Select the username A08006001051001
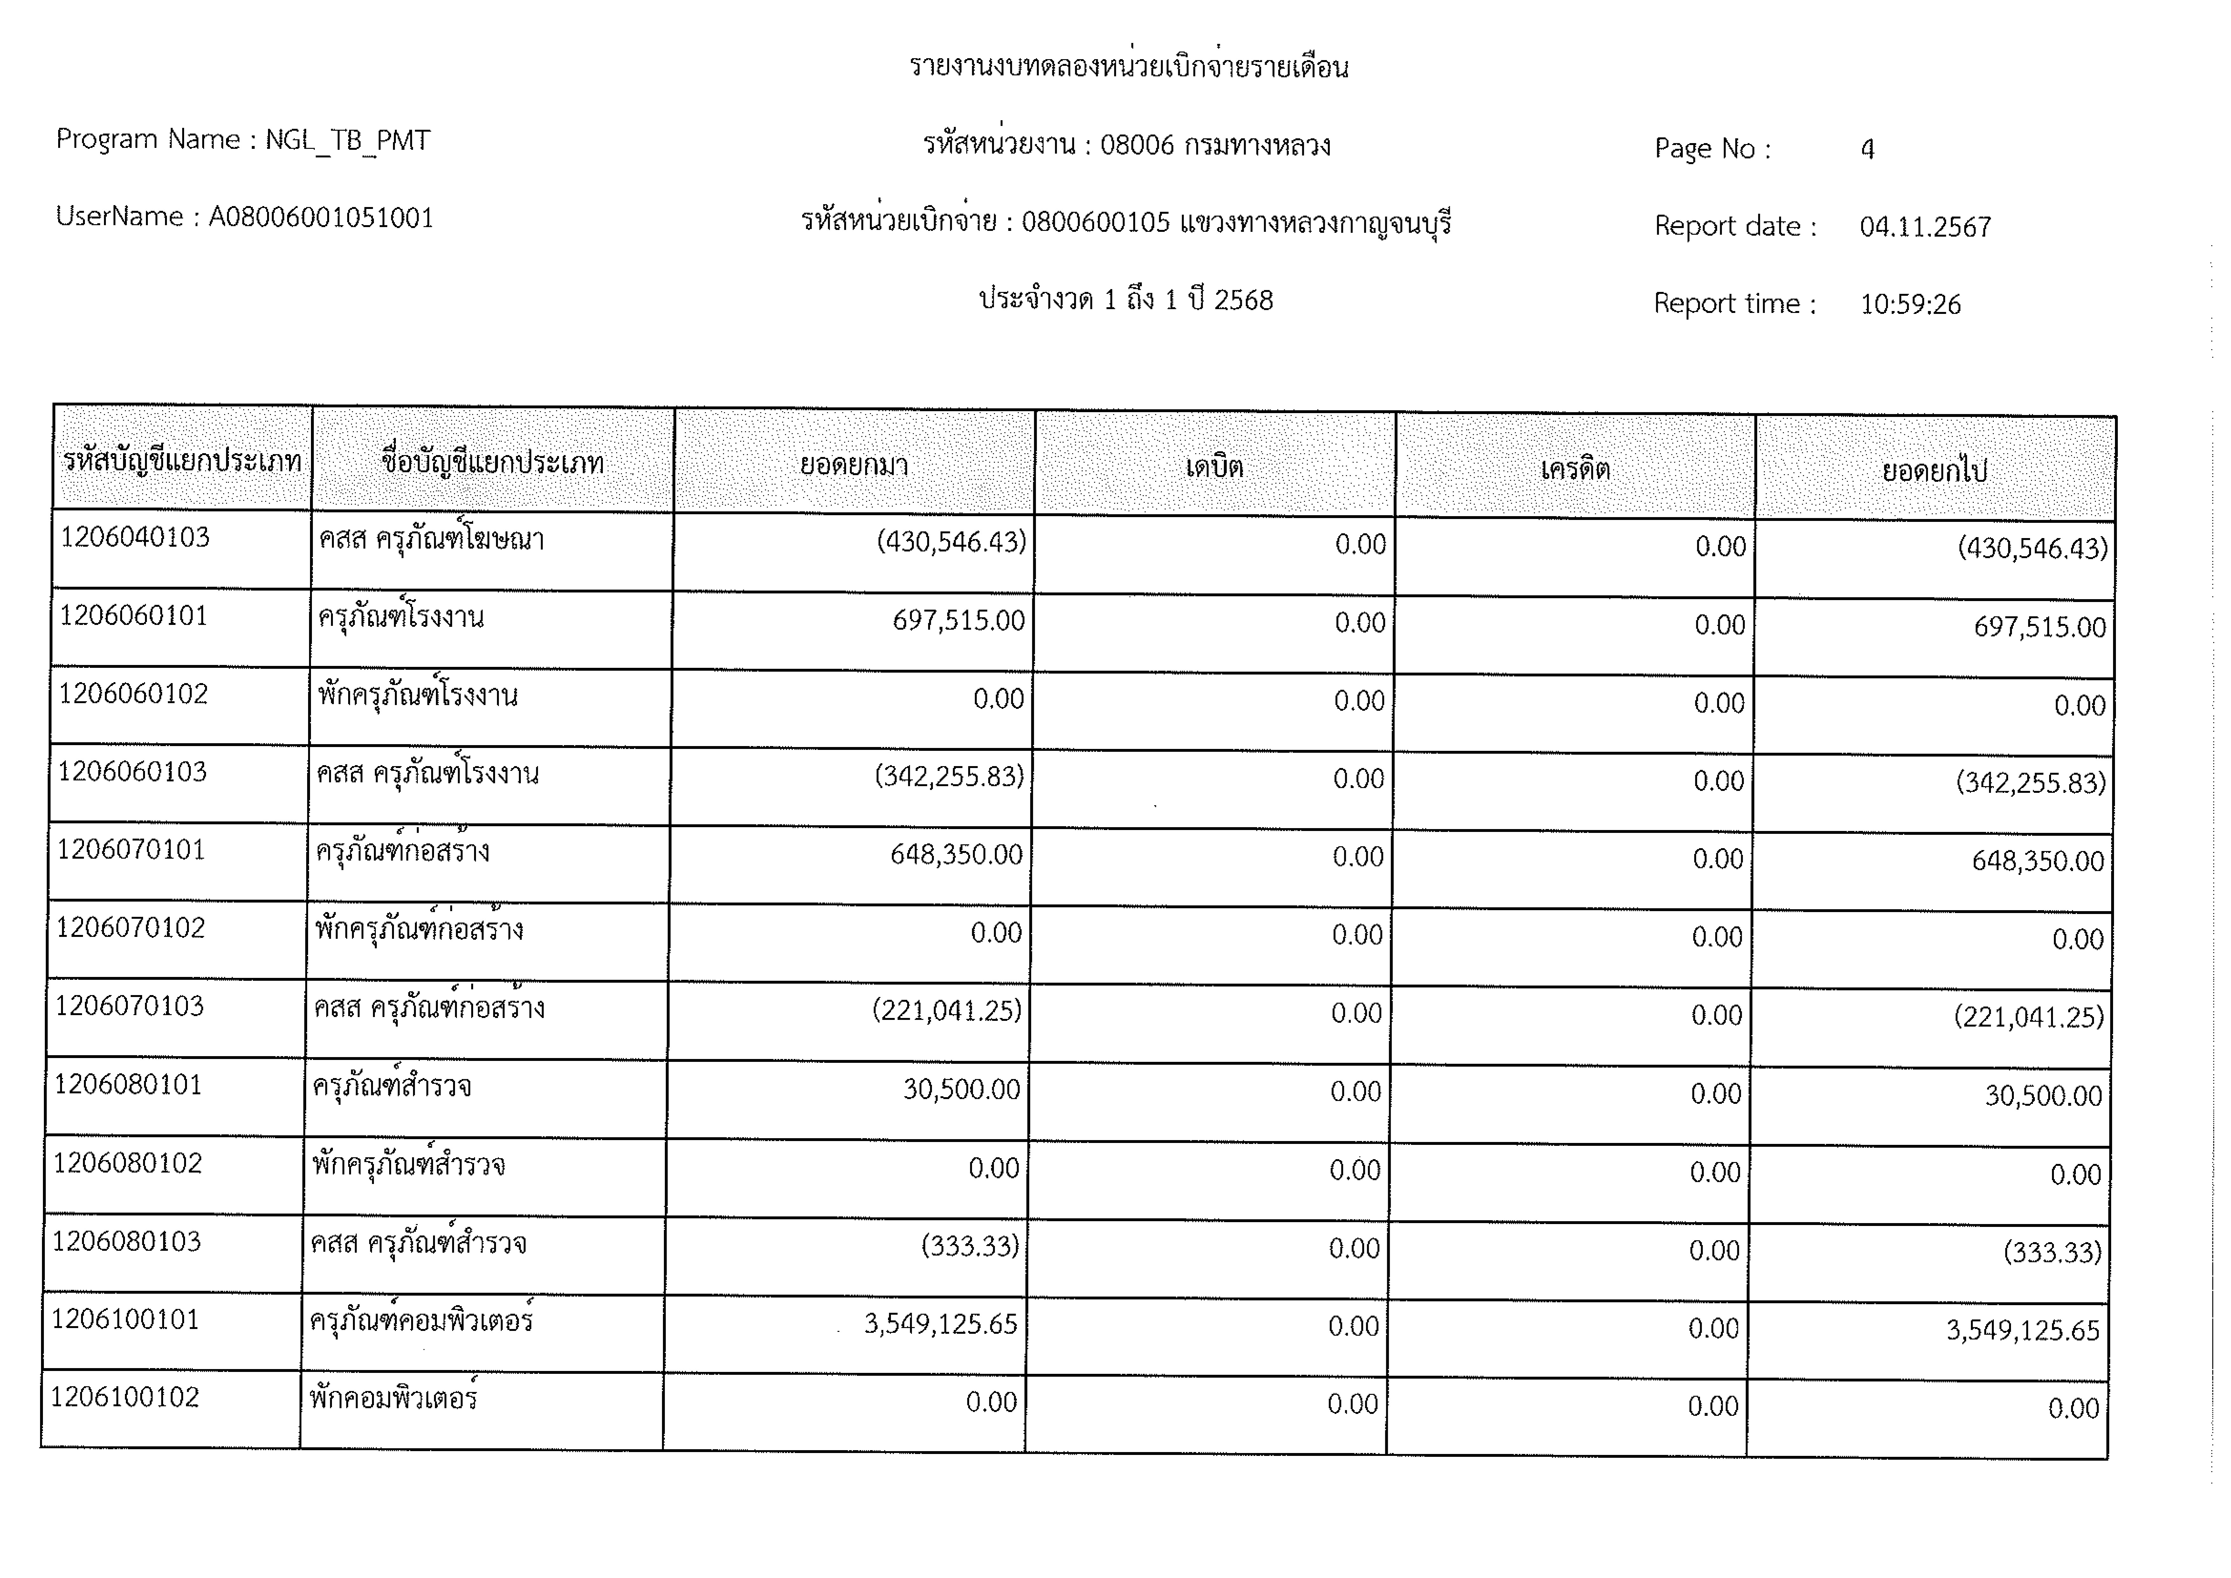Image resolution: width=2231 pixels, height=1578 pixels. point(321,218)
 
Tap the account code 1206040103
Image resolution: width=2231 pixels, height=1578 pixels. point(135,537)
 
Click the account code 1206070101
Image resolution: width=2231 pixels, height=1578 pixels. point(131,850)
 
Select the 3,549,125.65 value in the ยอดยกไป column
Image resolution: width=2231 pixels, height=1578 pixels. point(2022,1330)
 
